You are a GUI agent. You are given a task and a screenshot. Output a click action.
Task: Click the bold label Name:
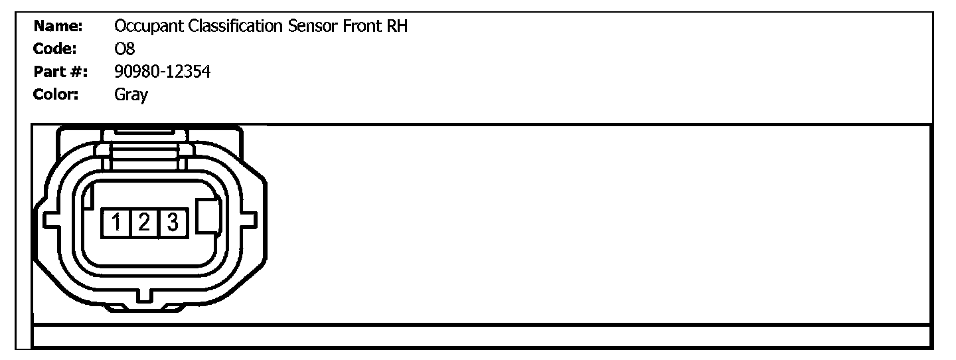pos(58,27)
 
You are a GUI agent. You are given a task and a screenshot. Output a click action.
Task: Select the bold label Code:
pos(55,49)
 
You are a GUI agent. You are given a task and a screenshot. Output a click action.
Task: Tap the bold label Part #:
pos(60,72)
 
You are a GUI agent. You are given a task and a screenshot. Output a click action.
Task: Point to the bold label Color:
pos(56,94)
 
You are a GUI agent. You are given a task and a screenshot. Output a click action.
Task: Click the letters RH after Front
pos(396,27)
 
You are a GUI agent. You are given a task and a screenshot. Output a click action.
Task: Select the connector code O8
pos(125,49)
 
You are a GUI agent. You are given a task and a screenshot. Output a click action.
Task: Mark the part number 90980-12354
pos(163,72)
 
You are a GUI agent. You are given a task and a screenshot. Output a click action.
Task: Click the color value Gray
pos(131,95)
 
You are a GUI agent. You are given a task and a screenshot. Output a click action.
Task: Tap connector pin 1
pos(116,223)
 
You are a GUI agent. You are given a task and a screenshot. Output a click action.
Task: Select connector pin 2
pos(144,223)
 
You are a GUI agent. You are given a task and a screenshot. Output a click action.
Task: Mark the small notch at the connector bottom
pos(143,293)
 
